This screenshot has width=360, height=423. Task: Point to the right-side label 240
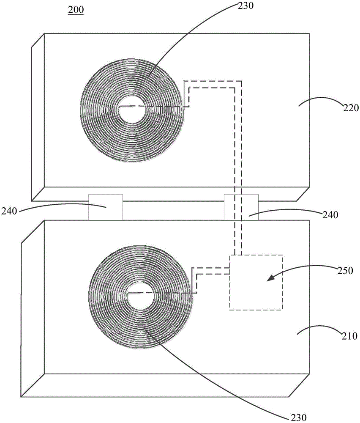(329, 214)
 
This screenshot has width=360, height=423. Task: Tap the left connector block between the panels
(105, 207)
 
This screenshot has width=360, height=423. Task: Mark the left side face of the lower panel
(33, 309)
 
